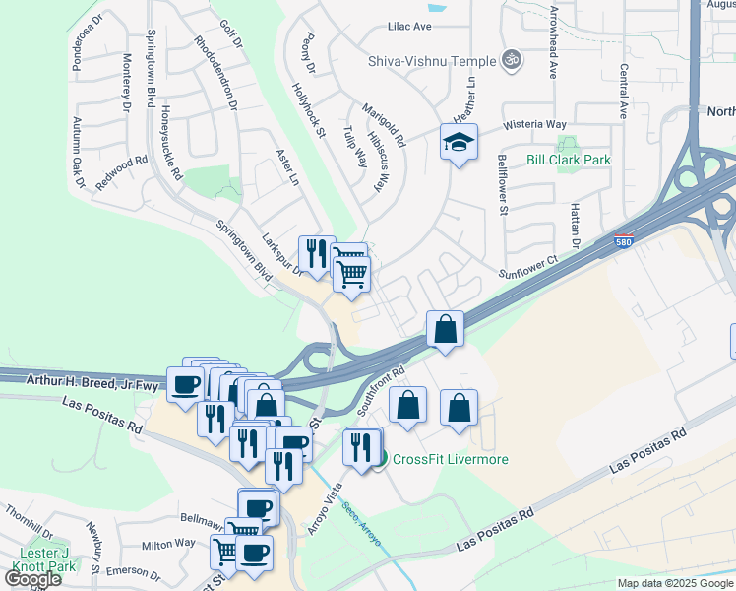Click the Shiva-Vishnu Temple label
(432, 61)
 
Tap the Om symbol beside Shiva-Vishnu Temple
(510, 60)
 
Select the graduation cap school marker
(459, 143)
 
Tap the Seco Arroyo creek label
(363, 535)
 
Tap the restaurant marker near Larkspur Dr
(316, 254)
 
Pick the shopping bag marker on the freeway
(445, 328)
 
